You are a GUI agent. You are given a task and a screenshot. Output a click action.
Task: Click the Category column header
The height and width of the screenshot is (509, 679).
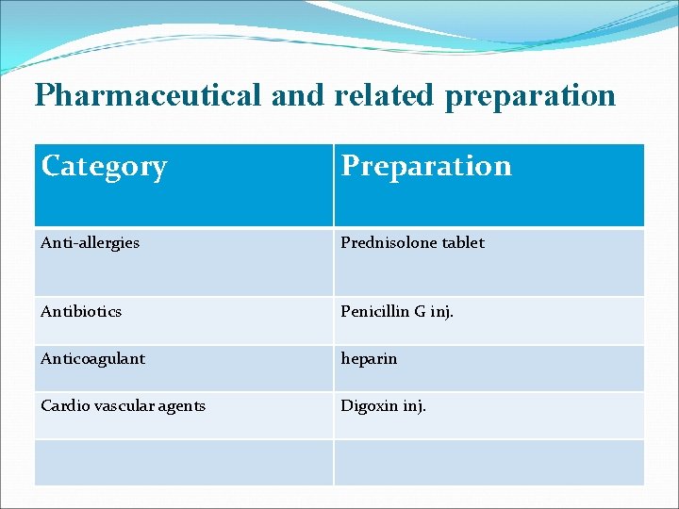pyautogui.click(x=104, y=166)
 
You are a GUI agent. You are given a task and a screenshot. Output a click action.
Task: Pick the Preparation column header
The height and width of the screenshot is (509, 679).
pyautogui.click(x=426, y=166)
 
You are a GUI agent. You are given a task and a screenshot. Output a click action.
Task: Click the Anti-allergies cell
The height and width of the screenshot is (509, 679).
pyautogui.click(x=90, y=242)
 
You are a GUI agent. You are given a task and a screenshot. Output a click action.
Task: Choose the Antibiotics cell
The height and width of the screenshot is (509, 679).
pyautogui.click(x=81, y=311)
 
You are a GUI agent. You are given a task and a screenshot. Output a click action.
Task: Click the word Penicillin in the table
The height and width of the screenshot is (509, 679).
pyautogui.click(x=374, y=311)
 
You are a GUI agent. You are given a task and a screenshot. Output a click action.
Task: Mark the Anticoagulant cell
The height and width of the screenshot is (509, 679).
pyautogui.click(x=92, y=359)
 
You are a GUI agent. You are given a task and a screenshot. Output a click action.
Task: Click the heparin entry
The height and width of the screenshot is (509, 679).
pyautogui.click(x=369, y=359)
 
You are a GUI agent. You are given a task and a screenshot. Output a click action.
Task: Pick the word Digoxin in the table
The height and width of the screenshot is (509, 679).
pyautogui.click(x=370, y=407)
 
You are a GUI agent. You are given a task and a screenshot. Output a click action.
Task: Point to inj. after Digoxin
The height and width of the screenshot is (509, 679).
pyautogui.click(x=414, y=407)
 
